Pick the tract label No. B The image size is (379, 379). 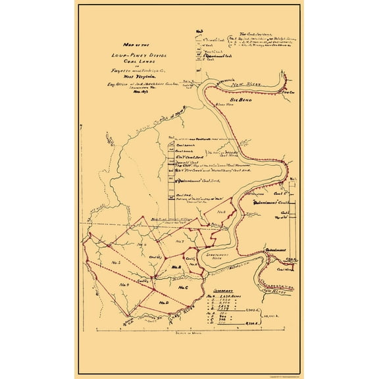(x=176, y=267)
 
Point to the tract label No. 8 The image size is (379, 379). (x=222, y=211)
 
